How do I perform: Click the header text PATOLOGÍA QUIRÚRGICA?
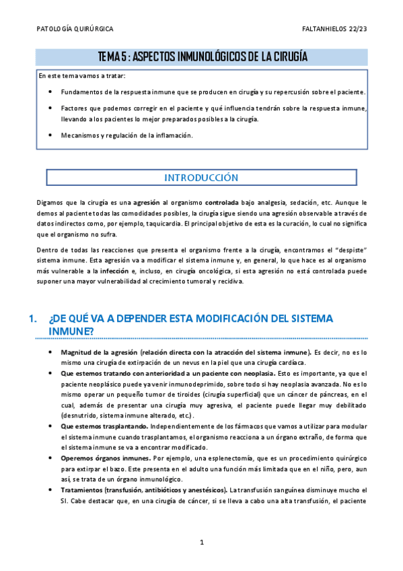tap(74, 30)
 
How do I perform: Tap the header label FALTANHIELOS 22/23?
tap(334, 30)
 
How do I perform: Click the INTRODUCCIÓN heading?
tap(201, 178)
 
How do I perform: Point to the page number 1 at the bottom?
tap(201, 542)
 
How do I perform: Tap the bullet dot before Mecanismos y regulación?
tap(52, 135)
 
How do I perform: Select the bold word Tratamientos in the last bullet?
tap(83, 490)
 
